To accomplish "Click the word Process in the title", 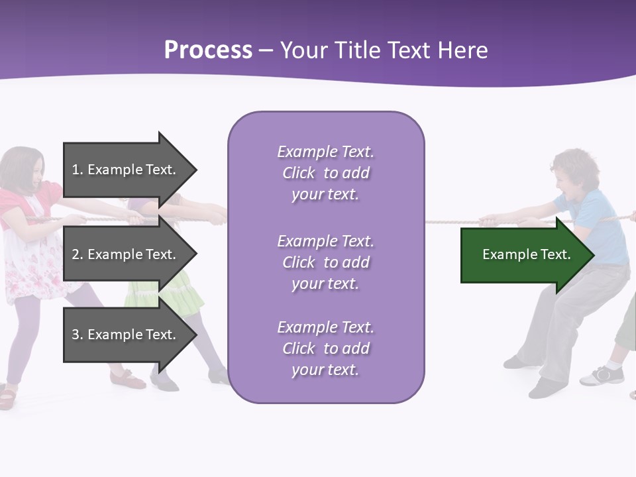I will click(x=208, y=50).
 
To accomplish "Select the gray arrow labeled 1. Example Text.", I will click(x=126, y=170).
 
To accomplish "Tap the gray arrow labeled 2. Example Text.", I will click(x=126, y=254).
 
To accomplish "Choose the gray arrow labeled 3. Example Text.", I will click(x=126, y=335).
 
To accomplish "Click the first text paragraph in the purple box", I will click(x=325, y=173).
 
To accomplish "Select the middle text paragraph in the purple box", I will click(x=325, y=262).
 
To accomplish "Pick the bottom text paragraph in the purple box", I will click(x=325, y=348).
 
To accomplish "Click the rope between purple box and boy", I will click(x=450, y=221).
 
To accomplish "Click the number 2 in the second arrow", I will click(x=76, y=254).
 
